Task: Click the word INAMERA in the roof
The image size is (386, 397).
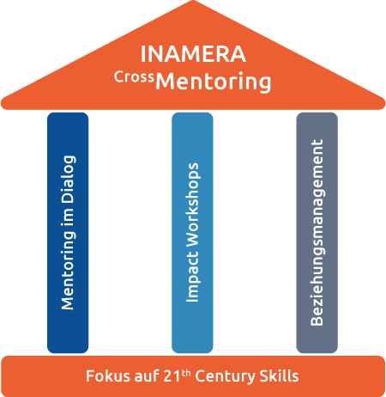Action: (193, 54)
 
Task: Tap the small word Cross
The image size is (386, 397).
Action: (134, 76)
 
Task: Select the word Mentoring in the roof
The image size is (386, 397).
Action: (214, 82)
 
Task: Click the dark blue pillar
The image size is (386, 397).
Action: (68, 233)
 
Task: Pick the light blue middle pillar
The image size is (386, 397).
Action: (192, 233)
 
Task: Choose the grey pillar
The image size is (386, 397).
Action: (317, 233)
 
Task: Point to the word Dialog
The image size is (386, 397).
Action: (69, 180)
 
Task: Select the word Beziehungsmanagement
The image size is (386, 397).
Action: (317, 233)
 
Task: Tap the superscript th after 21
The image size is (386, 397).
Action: (186, 373)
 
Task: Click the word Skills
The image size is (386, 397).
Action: (279, 376)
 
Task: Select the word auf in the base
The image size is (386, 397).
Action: (147, 376)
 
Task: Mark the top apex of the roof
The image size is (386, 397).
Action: (193, 1)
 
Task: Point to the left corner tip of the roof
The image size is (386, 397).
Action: (2, 104)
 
